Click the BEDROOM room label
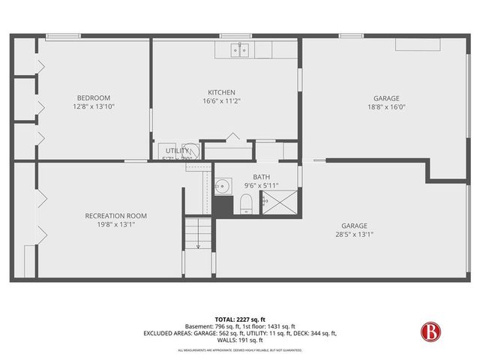pos(94,97)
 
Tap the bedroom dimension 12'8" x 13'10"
pos(94,106)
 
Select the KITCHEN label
pos(221,92)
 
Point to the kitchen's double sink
pos(238,50)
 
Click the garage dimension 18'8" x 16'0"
pos(386,106)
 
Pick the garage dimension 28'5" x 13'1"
pos(355,234)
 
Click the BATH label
pos(261,177)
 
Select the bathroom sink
pos(223,186)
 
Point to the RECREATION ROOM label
pos(115,216)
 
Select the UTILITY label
pos(178,151)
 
